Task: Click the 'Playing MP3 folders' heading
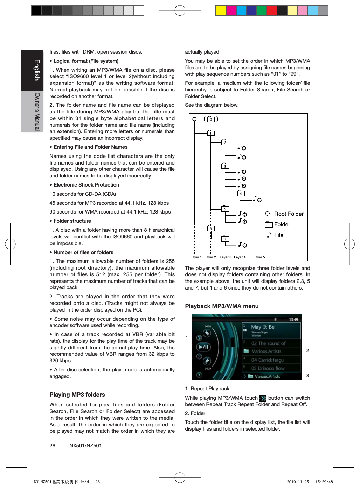point(77,395)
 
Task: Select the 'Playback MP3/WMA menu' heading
point(222,306)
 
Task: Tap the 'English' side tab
point(36,70)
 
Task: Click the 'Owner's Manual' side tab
point(36,111)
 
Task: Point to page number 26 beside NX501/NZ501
point(52,446)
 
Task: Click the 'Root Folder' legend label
point(289,214)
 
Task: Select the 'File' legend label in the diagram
point(279,235)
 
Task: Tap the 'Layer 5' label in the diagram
point(259,257)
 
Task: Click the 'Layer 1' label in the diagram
point(196,257)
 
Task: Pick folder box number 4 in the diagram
point(241,194)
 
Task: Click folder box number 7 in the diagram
point(225,239)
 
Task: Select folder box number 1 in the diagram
point(210,133)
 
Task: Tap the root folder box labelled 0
point(211,119)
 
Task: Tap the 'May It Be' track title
point(263,327)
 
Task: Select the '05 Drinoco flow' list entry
point(268,368)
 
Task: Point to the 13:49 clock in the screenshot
point(293,320)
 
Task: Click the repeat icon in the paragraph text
point(263,398)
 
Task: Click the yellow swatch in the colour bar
point(221,11)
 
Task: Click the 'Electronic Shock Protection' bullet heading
point(86,185)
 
